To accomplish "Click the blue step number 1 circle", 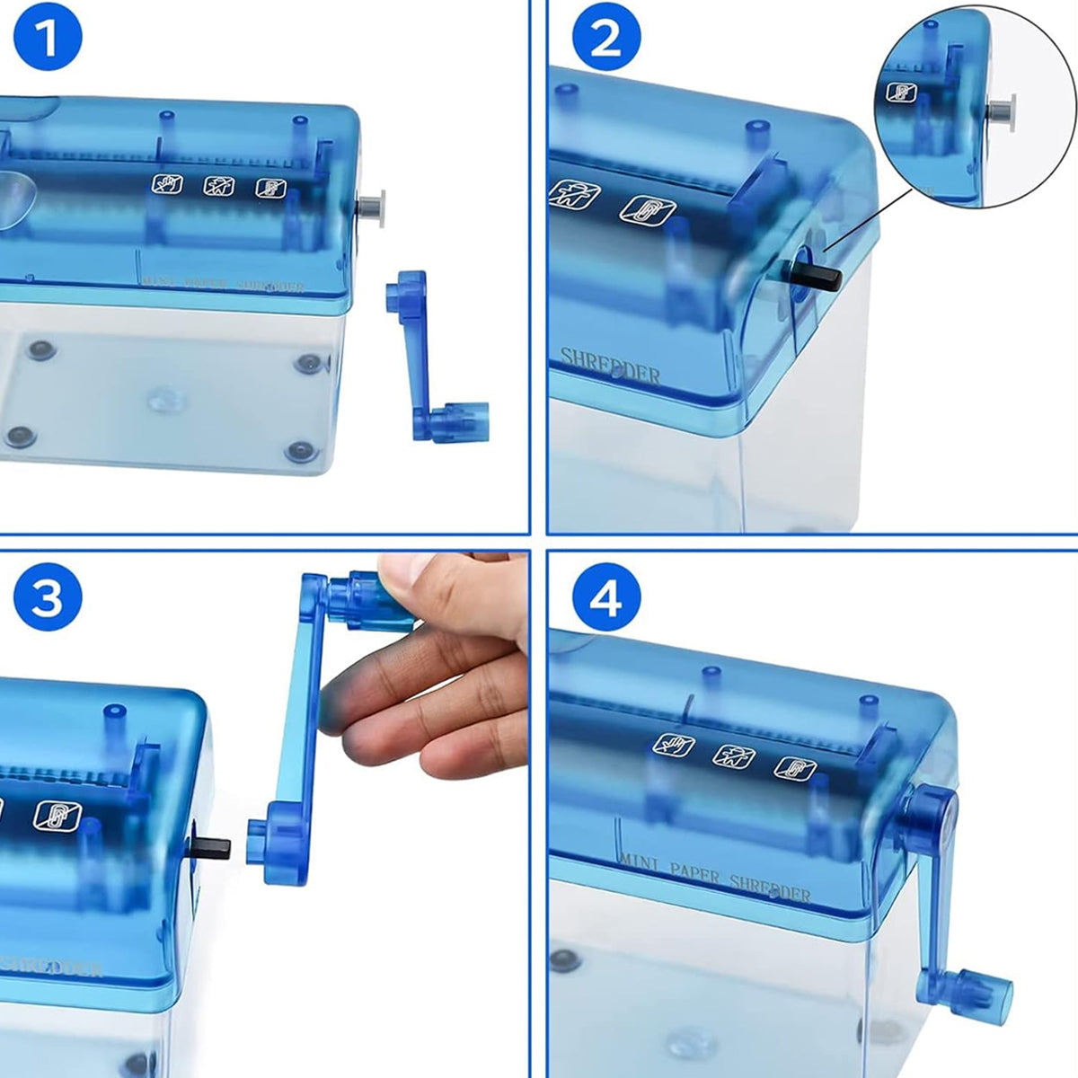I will (x=47, y=40).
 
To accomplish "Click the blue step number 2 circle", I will (x=605, y=40).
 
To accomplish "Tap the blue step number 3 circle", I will (x=47, y=596).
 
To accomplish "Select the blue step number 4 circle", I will (x=605, y=596).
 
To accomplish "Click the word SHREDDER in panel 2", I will (x=610, y=365).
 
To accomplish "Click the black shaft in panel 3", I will (x=210, y=846).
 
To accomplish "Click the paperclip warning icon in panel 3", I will (x=57, y=815).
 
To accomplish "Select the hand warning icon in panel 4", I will (x=673, y=745).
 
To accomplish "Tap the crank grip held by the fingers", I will (x=364, y=597).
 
